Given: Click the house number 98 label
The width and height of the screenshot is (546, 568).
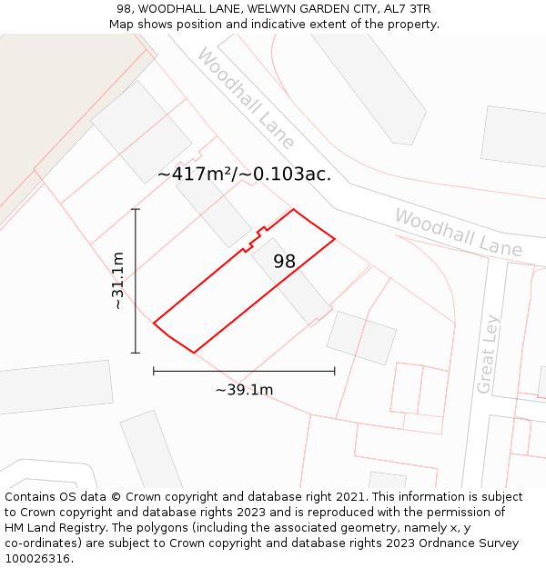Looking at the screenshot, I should (284, 262).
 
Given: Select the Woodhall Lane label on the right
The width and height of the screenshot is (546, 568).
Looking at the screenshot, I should (458, 233).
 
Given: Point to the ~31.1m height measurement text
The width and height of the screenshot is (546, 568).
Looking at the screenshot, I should (118, 282).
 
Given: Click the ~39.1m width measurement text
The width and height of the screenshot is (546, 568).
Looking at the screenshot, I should (244, 390).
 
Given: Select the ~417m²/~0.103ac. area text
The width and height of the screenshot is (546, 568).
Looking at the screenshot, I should (244, 174).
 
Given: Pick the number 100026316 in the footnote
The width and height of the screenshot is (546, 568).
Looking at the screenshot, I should (36, 559).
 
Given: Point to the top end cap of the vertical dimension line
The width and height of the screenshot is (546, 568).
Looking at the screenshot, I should (136, 209).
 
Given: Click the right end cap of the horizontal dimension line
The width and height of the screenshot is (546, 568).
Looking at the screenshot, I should (335, 371).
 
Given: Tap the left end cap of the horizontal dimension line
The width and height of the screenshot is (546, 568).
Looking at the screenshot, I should (154, 371).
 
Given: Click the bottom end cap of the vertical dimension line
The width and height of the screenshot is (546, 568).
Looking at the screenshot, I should (136, 353).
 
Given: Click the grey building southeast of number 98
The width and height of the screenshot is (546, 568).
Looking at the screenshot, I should (361, 338).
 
